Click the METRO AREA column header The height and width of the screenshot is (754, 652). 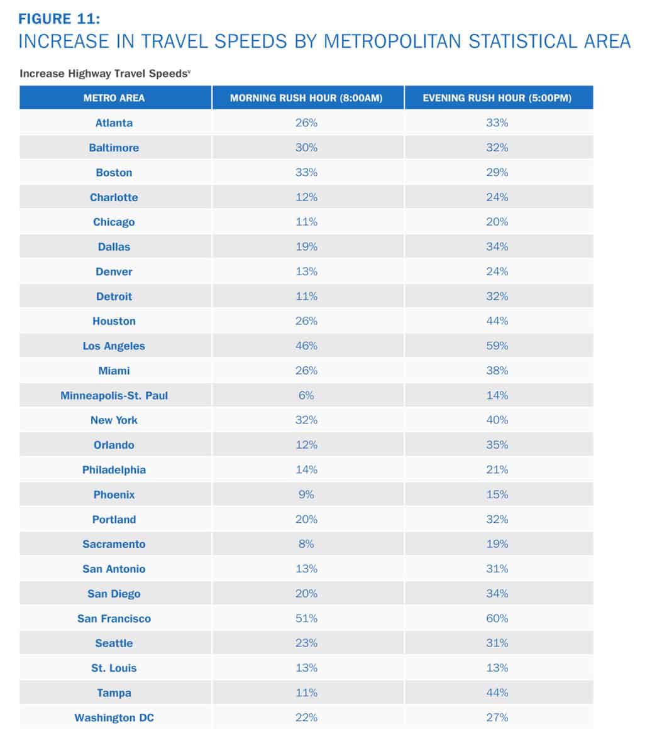point(114,98)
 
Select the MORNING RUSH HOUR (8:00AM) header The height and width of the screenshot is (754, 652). point(306,98)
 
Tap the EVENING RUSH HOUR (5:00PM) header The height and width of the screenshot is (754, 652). point(497,98)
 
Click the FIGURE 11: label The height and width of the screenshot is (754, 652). point(59,19)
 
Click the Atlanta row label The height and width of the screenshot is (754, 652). point(114,123)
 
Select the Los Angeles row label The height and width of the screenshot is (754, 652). point(114,346)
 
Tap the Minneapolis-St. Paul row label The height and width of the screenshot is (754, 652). point(114,395)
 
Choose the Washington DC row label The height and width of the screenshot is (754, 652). point(114,718)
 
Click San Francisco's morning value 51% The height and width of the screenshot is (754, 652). point(306,618)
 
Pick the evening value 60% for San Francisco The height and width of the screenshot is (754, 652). point(497,618)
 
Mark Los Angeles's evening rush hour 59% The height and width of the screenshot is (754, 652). point(497,346)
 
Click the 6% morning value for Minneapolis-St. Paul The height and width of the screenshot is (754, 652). point(306,395)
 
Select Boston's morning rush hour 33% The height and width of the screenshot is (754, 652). point(306,172)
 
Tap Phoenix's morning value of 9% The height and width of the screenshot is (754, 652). point(306,494)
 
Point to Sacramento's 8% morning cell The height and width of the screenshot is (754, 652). point(306,544)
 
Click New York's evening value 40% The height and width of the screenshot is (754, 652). point(497,420)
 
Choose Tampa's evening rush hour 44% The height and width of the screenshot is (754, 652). point(497,692)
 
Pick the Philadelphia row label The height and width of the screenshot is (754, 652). point(114,470)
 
